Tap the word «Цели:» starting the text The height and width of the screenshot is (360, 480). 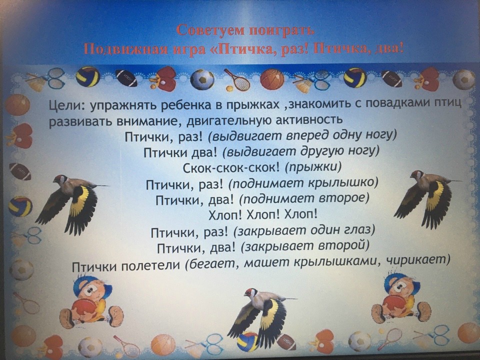[66, 106]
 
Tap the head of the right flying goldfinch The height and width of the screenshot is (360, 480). [417, 175]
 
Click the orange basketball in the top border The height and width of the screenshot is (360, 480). [272, 79]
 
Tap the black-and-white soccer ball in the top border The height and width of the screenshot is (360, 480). [202, 79]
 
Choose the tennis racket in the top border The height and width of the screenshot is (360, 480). [236, 79]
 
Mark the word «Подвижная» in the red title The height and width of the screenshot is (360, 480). [126, 48]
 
